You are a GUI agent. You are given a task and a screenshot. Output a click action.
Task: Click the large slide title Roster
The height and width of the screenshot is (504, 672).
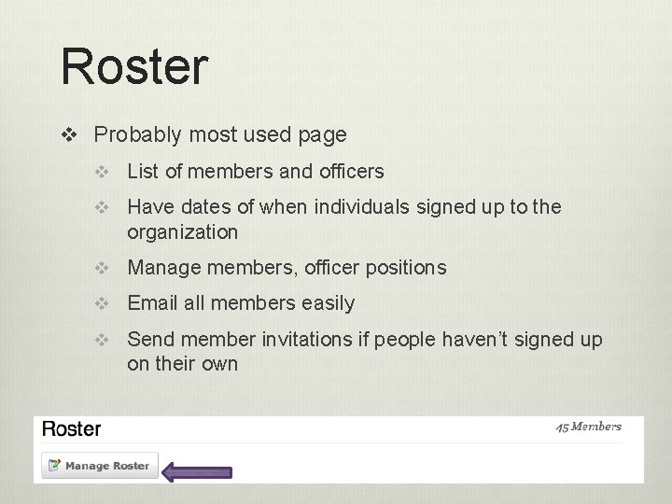tap(134, 67)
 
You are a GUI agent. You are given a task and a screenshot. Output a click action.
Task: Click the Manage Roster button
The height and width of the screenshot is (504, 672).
tap(99, 466)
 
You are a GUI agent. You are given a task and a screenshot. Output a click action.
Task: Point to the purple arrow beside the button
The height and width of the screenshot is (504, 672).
tap(197, 472)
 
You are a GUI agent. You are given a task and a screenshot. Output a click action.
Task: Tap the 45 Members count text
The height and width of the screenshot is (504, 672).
tap(588, 427)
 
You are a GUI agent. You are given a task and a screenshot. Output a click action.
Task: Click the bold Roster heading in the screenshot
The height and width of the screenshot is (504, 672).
tap(72, 429)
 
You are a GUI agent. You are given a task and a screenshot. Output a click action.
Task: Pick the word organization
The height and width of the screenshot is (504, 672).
tap(183, 231)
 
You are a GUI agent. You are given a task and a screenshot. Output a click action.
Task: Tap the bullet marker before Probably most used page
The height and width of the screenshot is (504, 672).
tap(69, 135)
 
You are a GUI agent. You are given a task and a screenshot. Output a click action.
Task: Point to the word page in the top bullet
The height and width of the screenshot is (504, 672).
tap(323, 135)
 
